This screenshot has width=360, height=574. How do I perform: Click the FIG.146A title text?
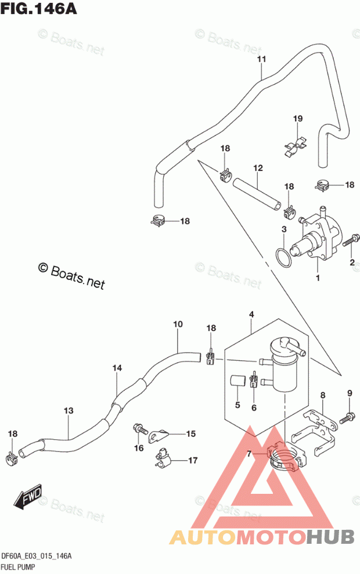(x=39, y=8)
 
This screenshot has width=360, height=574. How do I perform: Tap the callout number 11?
(x=261, y=59)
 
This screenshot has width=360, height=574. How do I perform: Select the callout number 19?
(x=298, y=119)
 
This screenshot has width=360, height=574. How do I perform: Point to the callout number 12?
(x=258, y=168)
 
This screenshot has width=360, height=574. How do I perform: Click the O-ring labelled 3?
(x=284, y=259)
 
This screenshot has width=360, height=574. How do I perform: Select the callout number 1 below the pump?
(x=318, y=278)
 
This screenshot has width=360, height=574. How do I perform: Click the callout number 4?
(x=251, y=314)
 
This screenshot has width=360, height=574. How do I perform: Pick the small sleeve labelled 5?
(x=237, y=381)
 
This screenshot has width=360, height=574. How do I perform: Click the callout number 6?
(x=254, y=407)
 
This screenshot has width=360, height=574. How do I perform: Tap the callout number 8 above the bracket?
(x=323, y=395)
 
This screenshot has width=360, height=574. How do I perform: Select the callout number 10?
(x=178, y=324)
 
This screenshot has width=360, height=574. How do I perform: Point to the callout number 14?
(x=117, y=368)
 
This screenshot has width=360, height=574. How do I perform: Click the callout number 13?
(x=69, y=411)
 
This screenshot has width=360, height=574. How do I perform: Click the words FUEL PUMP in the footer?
(x=19, y=567)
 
